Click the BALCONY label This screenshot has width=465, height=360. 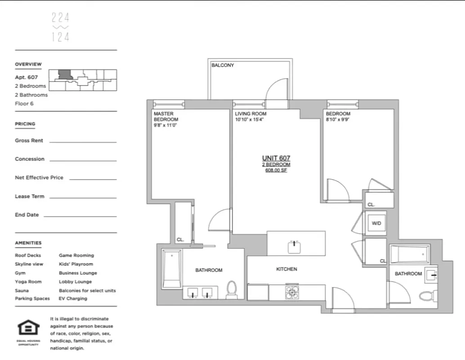[223, 65]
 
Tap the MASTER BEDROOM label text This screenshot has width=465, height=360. [166, 117]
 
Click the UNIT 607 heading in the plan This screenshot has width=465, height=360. [276, 158]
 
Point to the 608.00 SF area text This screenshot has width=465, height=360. [276, 171]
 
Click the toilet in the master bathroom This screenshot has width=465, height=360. [232, 290]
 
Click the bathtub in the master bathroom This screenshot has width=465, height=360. [172, 269]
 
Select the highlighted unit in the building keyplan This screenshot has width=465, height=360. [65, 75]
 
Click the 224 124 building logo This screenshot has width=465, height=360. [60, 27]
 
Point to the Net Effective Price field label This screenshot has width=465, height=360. [39, 178]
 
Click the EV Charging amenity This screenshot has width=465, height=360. [73, 298]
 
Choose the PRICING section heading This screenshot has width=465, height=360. [25, 124]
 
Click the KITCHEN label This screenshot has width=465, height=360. [286, 269]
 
